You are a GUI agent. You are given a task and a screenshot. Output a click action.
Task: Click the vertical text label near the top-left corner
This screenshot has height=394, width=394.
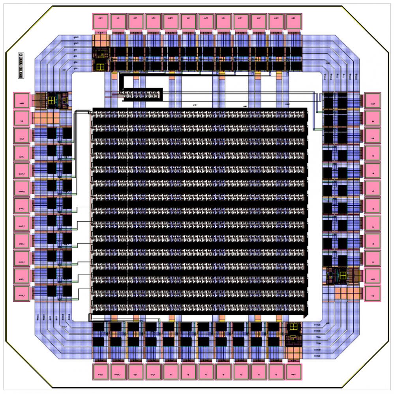(21, 66)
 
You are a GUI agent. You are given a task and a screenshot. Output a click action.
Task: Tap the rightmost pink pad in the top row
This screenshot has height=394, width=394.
(293, 22)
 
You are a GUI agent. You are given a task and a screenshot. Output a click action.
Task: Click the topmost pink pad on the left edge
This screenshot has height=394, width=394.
(21, 100)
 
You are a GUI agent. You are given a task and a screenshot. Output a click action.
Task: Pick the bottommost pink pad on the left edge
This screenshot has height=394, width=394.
(21, 293)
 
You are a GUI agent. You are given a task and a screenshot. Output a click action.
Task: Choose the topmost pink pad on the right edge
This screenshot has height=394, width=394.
(372, 101)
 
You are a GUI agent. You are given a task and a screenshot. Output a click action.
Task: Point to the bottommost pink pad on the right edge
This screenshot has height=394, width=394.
(372, 293)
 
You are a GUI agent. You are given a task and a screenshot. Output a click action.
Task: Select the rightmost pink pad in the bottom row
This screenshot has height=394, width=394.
(293, 372)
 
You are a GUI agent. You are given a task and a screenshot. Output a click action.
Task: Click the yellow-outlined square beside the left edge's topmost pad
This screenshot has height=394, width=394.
(52, 100)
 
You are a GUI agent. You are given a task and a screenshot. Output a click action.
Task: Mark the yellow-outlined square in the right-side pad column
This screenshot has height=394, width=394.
(342, 275)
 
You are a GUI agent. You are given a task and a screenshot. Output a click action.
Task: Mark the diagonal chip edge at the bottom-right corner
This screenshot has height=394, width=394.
(365, 364)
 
